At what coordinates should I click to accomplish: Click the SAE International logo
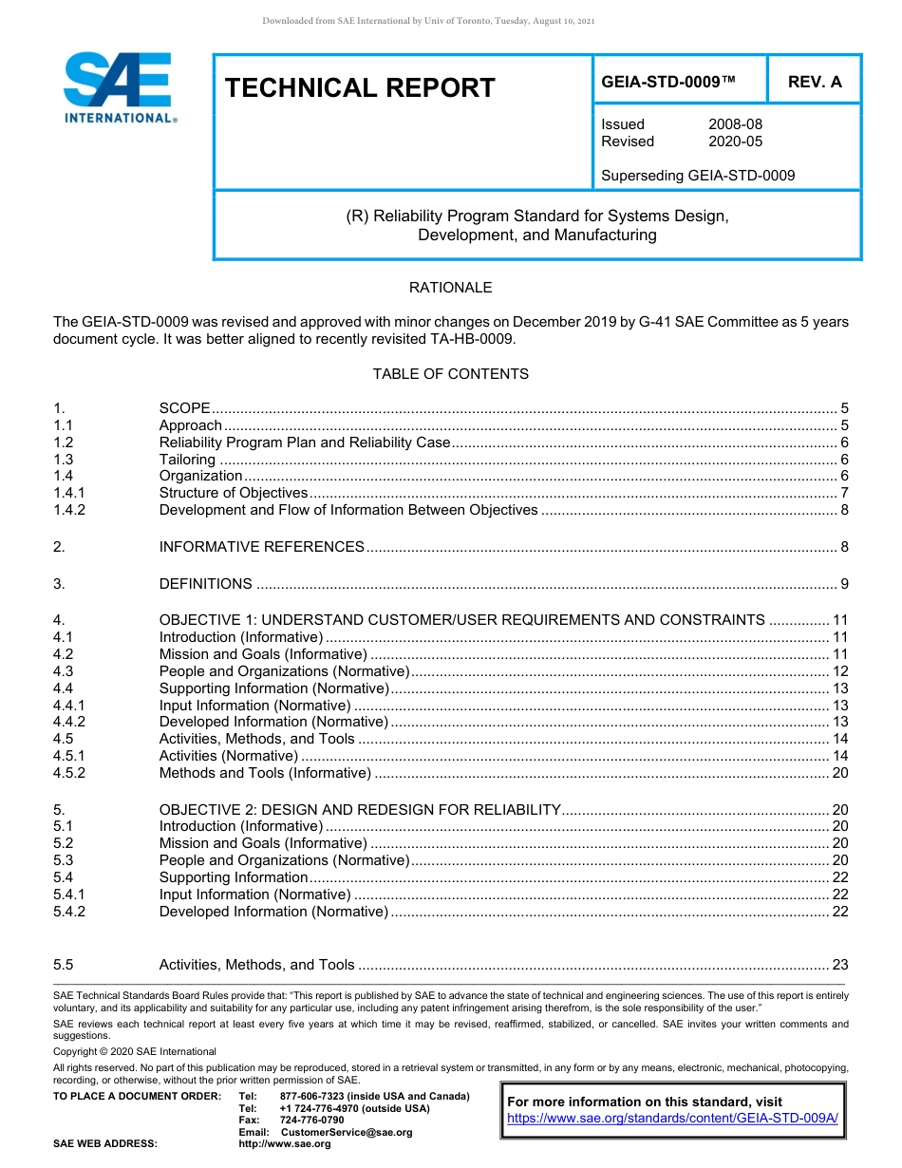click(x=119, y=87)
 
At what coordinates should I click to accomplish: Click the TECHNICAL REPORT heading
click(x=360, y=88)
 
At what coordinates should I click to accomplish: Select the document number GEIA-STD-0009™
click(x=668, y=82)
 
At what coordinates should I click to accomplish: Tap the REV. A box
click(x=815, y=82)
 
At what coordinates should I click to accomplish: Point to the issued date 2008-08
click(x=735, y=124)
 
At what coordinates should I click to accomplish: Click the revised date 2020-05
click(x=735, y=141)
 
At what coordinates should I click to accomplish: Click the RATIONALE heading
click(x=450, y=288)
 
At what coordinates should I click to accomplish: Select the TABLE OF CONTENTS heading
click(x=450, y=374)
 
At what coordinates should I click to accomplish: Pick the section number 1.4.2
click(x=69, y=510)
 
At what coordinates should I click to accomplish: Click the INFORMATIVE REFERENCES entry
click(x=261, y=547)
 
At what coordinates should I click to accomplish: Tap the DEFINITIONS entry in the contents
click(x=205, y=584)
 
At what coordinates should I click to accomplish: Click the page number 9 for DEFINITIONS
click(x=844, y=584)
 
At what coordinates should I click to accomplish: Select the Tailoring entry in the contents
click(x=187, y=459)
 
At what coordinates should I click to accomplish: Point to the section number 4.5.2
click(x=69, y=773)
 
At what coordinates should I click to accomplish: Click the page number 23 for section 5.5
click(x=839, y=965)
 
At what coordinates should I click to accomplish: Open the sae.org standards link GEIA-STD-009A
click(x=672, y=1119)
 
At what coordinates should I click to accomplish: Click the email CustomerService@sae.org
click(x=347, y=1132)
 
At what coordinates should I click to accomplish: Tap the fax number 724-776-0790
click(x=311, y=1121)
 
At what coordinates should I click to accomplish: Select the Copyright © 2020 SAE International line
click(x=135, y=1051)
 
